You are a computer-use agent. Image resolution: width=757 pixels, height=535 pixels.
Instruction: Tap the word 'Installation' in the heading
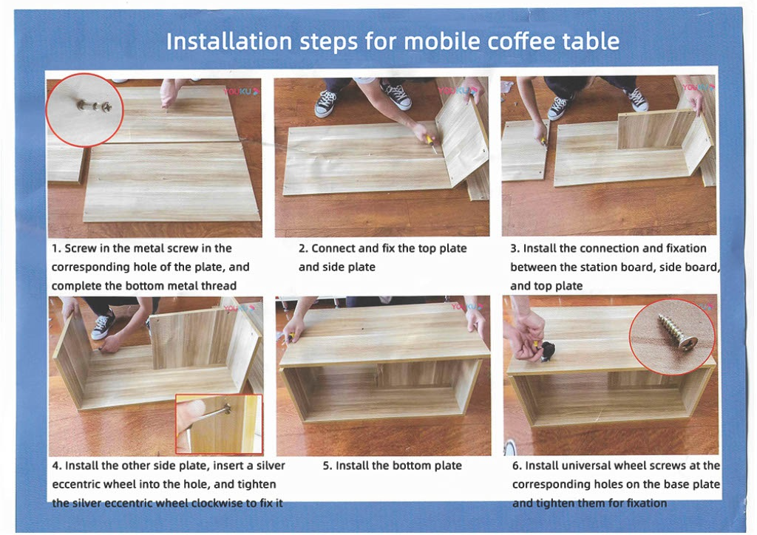[228, 41]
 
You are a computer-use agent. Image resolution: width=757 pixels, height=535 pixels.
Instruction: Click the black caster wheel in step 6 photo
[547, 351]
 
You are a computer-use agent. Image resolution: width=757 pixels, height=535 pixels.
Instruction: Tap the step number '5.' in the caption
[327, 466]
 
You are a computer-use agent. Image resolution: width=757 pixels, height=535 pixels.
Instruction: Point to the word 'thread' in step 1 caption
[219, 286]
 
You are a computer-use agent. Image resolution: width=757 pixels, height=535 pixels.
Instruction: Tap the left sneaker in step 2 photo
[325, 103]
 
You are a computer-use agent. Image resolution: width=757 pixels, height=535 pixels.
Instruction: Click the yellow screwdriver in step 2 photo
[430, 141]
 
